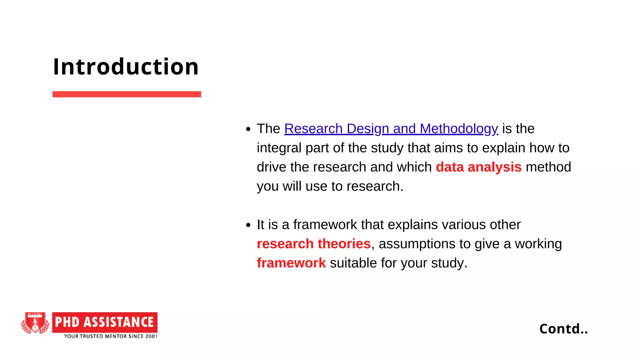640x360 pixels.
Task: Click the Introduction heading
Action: click(x=126, y=67)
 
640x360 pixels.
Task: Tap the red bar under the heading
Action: click(x=127, y=94)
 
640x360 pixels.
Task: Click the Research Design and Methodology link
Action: click(x=391, y=129)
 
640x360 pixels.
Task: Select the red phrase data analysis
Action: click(x=478, y=167)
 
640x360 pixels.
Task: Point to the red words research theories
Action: click(x=313, y=244)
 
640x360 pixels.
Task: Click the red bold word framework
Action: click(x=291, y=263)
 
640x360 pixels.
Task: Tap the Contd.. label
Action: click(x=563, y=329)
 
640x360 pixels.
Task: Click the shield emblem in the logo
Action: click(x=35, y=322)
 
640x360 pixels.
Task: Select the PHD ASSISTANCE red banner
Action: click(x=105, y=322)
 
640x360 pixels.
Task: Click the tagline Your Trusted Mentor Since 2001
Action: click(x=111, y=336)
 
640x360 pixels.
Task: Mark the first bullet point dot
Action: click(x=248, y=129)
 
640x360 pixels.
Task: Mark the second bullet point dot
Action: click(x=248, y=225)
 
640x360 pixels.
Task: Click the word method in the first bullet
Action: click(x=548, y=167)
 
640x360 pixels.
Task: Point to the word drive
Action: click(x=271, y=167)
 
